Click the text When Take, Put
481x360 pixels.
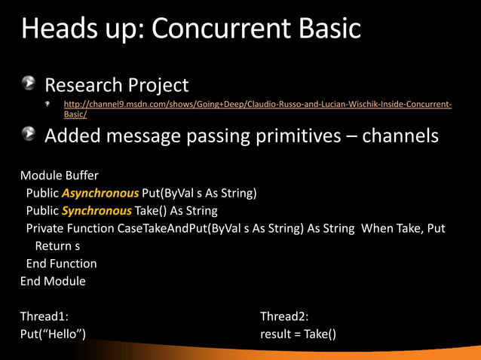(x=403, y=228)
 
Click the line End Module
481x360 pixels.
(x=53, y=281)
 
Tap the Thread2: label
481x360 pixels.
(x=284, y=316)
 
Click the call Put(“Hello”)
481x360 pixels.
(x=53, y=334)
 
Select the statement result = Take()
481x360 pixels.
(x=298, y=334)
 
